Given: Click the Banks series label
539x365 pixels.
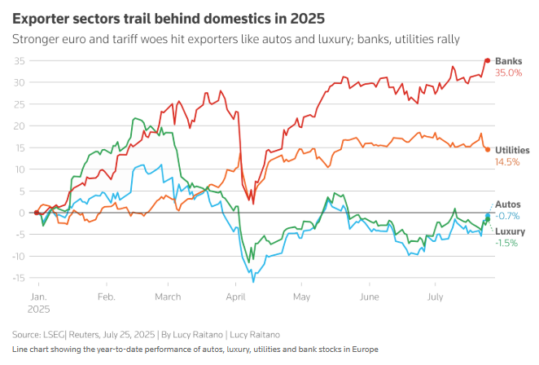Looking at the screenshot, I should coord(509,60).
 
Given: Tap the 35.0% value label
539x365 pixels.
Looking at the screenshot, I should coord(509,73).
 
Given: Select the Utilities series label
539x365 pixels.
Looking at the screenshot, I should coord(512,150).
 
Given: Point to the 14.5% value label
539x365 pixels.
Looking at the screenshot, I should coord(507,162).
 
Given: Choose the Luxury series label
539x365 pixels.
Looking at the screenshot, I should coord(511,231).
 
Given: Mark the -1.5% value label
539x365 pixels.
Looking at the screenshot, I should coord(506,243).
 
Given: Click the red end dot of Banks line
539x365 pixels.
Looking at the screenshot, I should coord(487,60).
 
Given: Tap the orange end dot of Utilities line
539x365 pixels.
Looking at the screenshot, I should coord(487,149).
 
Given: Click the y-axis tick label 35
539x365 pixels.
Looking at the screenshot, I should coord(18,60).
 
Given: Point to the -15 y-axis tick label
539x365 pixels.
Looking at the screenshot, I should coord(16,278).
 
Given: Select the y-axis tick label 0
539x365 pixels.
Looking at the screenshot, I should coord(20,213).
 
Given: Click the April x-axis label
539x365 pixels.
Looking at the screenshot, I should coord(236,296).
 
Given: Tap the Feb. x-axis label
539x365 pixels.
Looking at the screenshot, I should coord(106,296).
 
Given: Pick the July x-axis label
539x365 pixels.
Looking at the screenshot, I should coord(436,296).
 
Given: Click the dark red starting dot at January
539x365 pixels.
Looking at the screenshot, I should coord(37,213).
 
